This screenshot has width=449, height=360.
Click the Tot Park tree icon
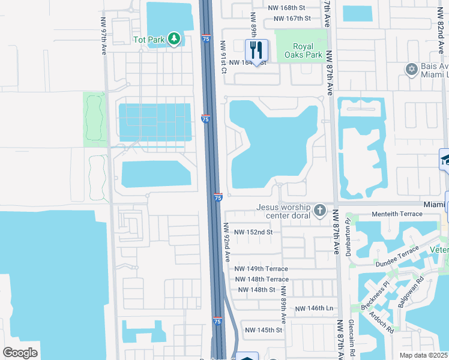pyautogui.click(x=174, y=39)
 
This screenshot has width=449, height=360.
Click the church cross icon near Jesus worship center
pyautogui.click(x=320, y=210)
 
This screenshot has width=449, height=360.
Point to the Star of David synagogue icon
pyautogui.click(x=412, y=69)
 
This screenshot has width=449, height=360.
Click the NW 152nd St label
pyautogui.click(x=253, y=232)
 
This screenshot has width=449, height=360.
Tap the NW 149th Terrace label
pyautogui.click(x=261, y=269)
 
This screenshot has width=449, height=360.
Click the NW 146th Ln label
pyautogui.click(x=314, y=308)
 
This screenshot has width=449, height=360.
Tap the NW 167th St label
pyautogui.click(x=292, y=19)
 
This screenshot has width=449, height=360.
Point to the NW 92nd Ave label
pyautogui.click(x=228, y=242)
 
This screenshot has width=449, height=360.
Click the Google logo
pyautogui.click(x=20, y=353)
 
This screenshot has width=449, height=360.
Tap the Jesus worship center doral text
pyautogui.click(x=285, y=211)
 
